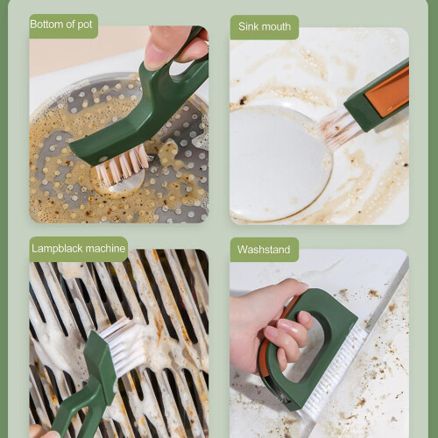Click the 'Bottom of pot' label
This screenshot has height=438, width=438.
pos(61,25)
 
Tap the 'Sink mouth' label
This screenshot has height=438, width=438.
pos(265,26)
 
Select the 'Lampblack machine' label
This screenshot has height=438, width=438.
pos(79,249)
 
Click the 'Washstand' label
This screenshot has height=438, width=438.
pos(264,250)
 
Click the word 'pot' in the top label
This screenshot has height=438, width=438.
pos(85,25)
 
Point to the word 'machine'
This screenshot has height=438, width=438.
pos(105,249)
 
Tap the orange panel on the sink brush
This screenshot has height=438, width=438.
pos(387,91)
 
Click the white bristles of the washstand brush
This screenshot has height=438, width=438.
pos(336,371)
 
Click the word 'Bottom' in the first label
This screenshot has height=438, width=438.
pos(46,25)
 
